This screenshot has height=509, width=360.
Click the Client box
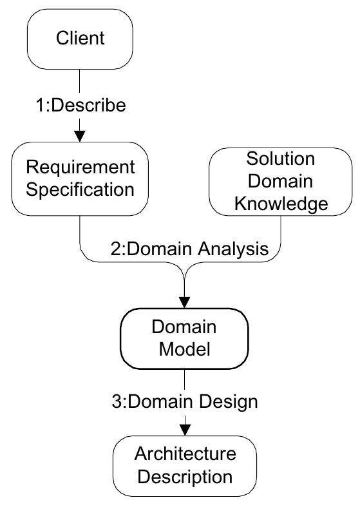(81, 39)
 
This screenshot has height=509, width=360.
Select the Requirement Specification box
(81, 178)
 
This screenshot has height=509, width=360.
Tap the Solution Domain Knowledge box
(281, 181)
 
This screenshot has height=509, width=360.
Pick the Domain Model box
(185, 339)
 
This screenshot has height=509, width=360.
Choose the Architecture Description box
(185, 465)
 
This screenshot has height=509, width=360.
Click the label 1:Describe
(81, 105)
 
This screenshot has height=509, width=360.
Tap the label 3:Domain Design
(185, 401)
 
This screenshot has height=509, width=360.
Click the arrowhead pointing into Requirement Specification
(81, 136)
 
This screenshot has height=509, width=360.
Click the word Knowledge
(281, 204)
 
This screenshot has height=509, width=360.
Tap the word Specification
(81, 190)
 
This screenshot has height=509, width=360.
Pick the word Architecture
(185, 454)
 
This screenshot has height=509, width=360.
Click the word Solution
(281, 158)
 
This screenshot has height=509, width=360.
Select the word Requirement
(81, 167)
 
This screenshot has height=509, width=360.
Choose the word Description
(185, 477)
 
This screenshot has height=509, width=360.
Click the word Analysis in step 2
(233, 249)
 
